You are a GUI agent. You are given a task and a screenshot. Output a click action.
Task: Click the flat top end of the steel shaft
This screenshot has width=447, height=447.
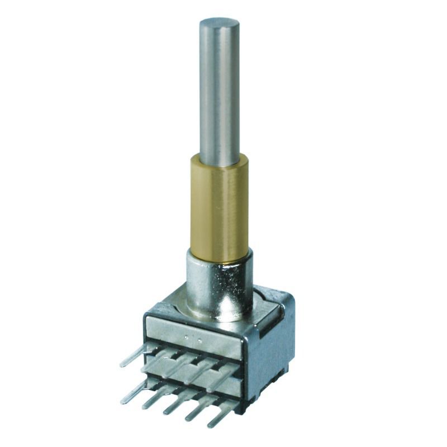tap(220, 24)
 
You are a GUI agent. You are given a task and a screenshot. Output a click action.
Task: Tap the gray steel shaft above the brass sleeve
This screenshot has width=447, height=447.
tap(220, 89)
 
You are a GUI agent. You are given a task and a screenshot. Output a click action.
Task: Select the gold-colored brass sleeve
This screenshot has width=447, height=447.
tap(218, 210)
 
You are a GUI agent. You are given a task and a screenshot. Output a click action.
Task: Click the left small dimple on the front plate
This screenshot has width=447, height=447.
tap(187, 337)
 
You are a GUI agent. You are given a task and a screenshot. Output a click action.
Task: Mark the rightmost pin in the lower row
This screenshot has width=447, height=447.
tap(220, 420)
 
